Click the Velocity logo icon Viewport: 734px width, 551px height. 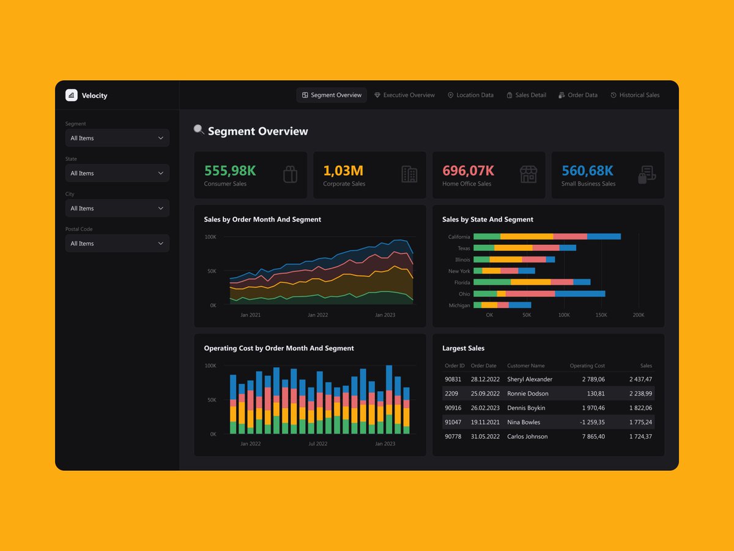[72, 95]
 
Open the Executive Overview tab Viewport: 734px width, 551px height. [404, 95]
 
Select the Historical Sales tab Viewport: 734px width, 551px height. [635, 95]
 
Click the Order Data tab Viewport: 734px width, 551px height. [578, 95]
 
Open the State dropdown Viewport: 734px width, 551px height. [117, 173]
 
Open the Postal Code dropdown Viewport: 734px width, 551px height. [117, 244]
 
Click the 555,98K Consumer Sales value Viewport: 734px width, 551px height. [230, 171]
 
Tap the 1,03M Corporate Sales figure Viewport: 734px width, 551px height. [343, 171]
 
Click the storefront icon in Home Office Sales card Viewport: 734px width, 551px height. [528, 174]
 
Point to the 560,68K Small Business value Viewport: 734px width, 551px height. [587, 171]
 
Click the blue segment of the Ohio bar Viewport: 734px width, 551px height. [580, 294]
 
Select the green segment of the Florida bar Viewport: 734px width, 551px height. [492, 282]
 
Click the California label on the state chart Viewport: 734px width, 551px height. [459, 237]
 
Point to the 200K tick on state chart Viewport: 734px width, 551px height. [638, 315]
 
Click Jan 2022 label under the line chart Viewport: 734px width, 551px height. [317, 315]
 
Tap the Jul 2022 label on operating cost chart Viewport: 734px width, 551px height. [317, 444]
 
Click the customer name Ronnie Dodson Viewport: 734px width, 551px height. [527, 394]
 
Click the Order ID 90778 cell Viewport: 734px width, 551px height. [453, 437]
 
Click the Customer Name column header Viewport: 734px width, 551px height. [525, 365]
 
